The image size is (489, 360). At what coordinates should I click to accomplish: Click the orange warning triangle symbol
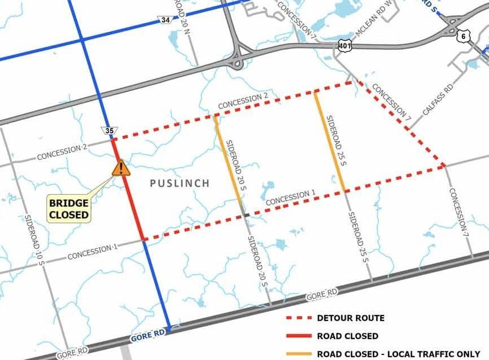click(120, 168)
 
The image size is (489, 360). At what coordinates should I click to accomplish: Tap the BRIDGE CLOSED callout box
click(68, 209)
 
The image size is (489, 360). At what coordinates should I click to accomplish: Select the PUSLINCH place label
click(180, 183)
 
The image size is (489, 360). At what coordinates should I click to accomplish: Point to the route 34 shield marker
click(165, 21)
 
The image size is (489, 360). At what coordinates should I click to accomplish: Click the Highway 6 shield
click(463, 36)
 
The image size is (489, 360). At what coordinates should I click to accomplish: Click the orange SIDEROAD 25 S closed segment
click(330, 142)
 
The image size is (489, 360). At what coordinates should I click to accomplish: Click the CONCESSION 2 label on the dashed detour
click(243, 101)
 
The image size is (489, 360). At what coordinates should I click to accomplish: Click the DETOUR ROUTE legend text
click(350, 318)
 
